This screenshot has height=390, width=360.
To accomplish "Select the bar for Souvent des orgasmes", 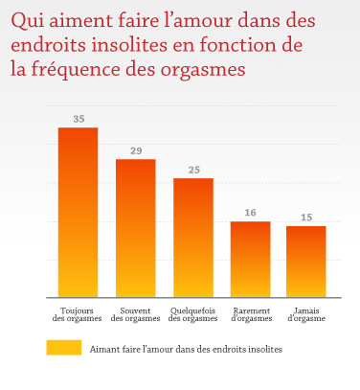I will (135, 227).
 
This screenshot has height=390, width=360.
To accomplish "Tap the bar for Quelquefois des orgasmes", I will (192, 237).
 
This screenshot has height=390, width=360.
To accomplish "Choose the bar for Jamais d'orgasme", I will (306, 260).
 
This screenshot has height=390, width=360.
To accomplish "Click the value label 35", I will (78, 120).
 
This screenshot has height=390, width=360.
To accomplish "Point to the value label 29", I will (135, 151).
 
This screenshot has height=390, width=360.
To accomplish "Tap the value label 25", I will (192, 171).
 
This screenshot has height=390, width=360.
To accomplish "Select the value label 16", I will (250, 214).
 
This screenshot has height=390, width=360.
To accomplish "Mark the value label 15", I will (306, 218).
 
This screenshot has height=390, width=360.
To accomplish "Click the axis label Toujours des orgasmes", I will (78, 313).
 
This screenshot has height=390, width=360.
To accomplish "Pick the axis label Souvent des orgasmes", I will (135, 313).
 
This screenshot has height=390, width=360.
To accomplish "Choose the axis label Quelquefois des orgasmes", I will (192, 313).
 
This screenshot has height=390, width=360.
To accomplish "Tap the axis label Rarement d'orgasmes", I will (250, 313).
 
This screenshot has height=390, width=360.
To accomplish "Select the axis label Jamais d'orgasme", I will (306, 313).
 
